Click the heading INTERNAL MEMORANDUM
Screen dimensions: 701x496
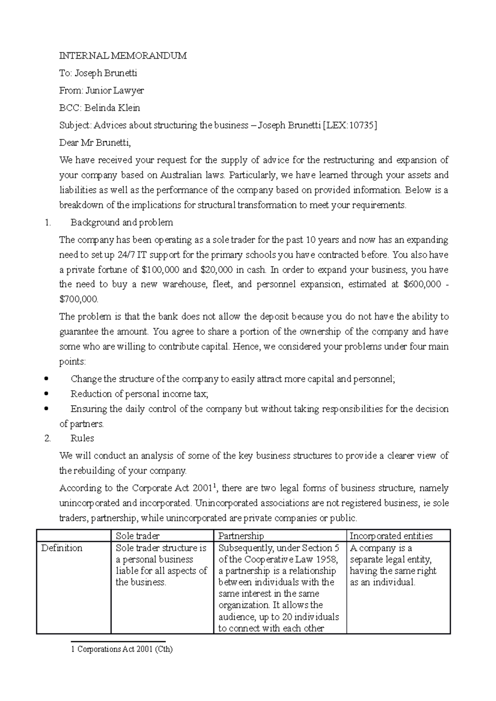click(x=123, y=56)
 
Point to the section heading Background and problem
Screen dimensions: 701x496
click(x=122, y=223)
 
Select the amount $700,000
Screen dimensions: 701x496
click(x=79, y=299)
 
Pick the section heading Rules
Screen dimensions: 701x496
click(x=82, y=438)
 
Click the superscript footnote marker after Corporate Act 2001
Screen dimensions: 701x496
click(x=214, y=485)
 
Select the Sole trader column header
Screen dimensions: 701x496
click(x=137, y=536)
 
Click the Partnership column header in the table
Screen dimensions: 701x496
click(x=241, y=536)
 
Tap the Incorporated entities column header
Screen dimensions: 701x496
click(x=391, y=536)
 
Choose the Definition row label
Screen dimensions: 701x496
click(x=62, y=548)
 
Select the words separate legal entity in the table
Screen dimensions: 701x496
click(x=390, y=559)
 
